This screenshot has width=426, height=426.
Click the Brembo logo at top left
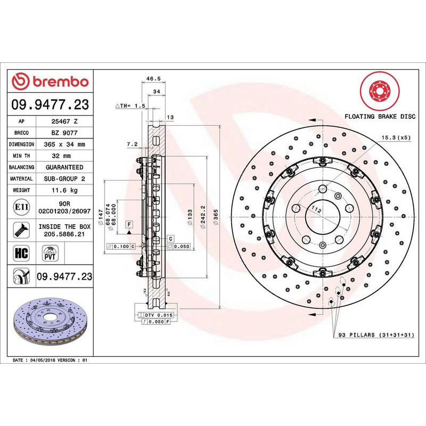50,81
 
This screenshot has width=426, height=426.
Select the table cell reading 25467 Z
63,121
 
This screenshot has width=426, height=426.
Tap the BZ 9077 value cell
63,133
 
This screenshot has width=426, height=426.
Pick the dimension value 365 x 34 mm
63,145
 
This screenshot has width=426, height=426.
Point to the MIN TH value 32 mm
63,156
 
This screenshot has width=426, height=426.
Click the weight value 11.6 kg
63,190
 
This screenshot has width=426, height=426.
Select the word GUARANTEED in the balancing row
63,168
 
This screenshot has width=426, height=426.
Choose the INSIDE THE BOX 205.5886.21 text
63,230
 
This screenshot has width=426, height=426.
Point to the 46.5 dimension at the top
153,79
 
